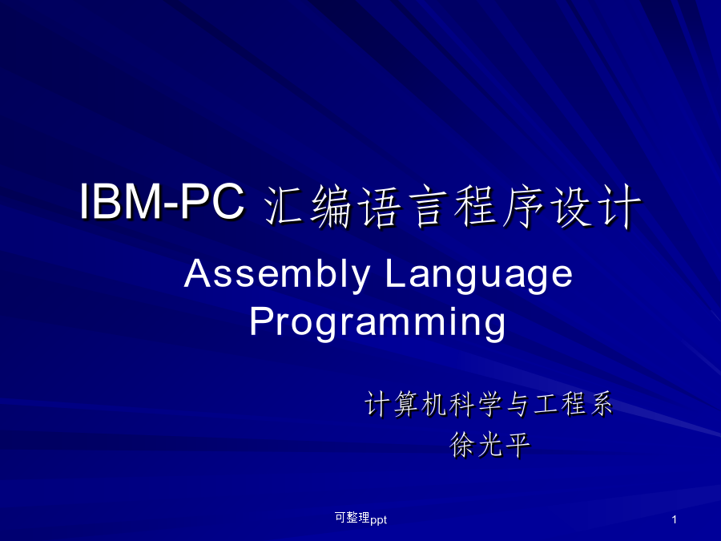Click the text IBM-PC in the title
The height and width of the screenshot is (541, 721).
click(x=162, y=201)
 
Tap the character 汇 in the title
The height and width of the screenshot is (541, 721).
click(x=284, y=206)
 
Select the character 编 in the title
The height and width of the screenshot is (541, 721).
click(x=331, y=206)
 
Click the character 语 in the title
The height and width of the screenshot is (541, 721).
click(x=379, y=206)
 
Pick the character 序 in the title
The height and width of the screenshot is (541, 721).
click(x=523, y=206)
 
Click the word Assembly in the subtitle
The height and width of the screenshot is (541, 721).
click(x=277, y=274)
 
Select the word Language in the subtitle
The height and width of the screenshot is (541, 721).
click(x=479, y=275)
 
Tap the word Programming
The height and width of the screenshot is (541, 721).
click(x=377, y=323)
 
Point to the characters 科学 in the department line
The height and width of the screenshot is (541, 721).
click(x=475, y=404)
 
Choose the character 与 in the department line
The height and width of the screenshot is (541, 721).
click(x=518, y=404)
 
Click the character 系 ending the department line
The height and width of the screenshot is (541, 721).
click(x=601, y=404)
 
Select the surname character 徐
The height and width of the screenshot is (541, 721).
click(x=462, y=445)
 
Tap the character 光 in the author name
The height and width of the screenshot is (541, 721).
click(x=490, y=445)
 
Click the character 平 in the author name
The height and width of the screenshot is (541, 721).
click(x=518, y=445)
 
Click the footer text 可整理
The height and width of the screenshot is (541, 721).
click(x=352, y=518)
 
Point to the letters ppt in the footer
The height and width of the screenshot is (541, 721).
click(x=378, y=520)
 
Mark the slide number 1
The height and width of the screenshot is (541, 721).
click(x=674, y=520)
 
